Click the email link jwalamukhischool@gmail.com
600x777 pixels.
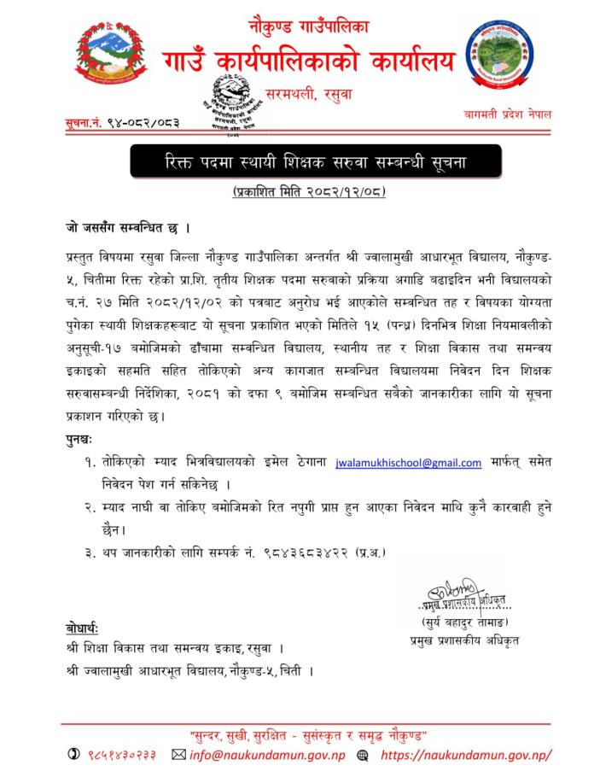409,462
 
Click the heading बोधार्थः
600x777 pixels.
83,629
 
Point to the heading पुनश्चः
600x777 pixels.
84,438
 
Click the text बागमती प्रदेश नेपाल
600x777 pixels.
510,114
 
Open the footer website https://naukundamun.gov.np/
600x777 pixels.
465,755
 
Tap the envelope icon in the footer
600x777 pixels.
178,755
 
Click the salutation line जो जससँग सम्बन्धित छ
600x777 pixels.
126,230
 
